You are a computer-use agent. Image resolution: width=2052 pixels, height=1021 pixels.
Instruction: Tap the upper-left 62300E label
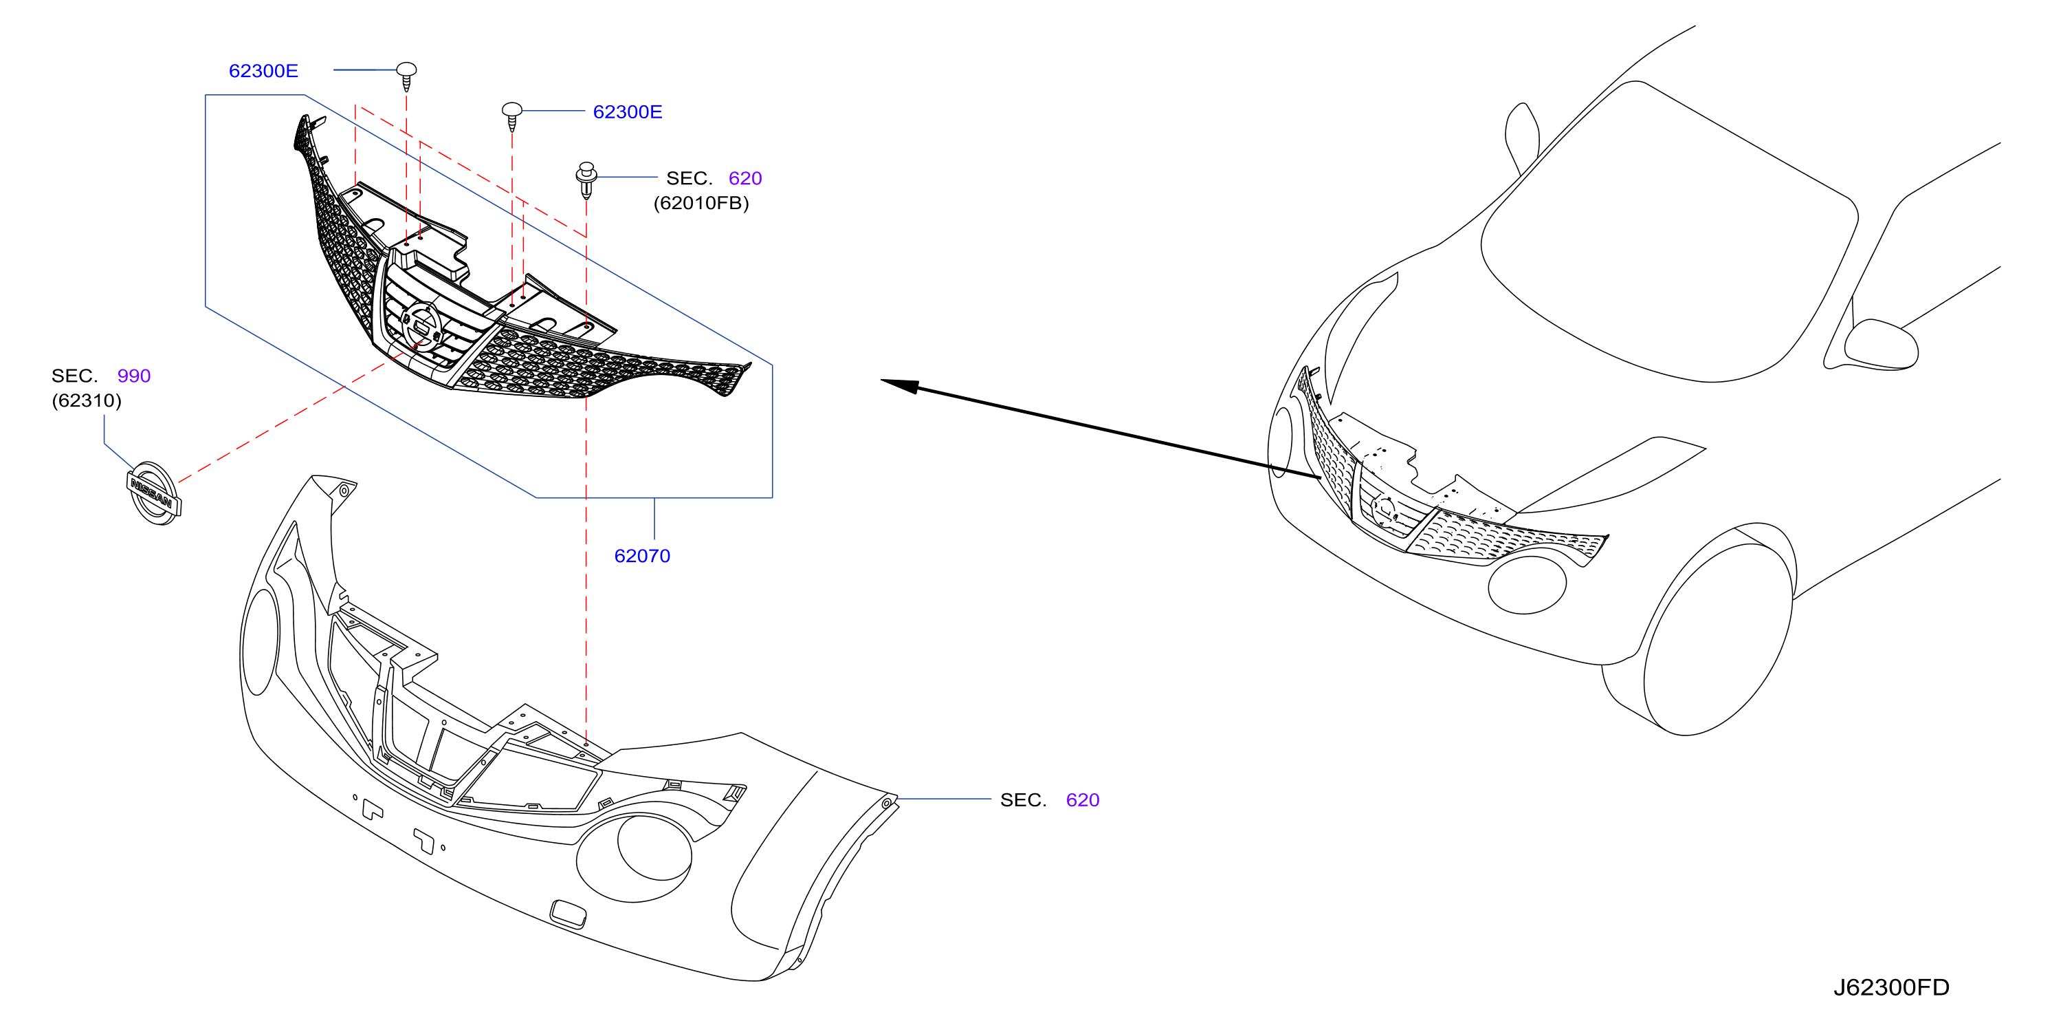point(264,71)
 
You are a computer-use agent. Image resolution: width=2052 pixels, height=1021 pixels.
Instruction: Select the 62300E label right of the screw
point(628,112)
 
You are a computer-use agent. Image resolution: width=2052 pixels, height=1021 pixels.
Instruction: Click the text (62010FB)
point(701,203)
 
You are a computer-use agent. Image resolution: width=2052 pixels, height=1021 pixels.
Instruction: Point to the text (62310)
point(87,400)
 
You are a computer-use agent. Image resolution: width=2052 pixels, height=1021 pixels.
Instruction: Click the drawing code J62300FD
point(1891,987)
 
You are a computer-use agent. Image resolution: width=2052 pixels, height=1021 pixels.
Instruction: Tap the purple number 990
point(134,376)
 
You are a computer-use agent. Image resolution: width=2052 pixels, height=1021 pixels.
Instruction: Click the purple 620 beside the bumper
point(1083,799)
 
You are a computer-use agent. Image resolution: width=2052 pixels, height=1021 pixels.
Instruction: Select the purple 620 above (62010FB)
point(746,178)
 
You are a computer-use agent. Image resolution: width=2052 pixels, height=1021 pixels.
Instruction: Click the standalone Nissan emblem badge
point(155,493)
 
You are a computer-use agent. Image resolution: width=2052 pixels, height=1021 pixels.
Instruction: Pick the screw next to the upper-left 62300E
point(407,76)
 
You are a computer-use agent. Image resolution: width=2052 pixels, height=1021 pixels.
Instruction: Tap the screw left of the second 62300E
point(511,116)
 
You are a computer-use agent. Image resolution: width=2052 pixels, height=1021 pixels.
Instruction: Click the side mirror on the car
point(1880,343)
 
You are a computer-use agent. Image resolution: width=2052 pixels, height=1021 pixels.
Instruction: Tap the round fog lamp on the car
point(1527,584)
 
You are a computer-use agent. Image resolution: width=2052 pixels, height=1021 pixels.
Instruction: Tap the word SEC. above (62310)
point(75,376)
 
